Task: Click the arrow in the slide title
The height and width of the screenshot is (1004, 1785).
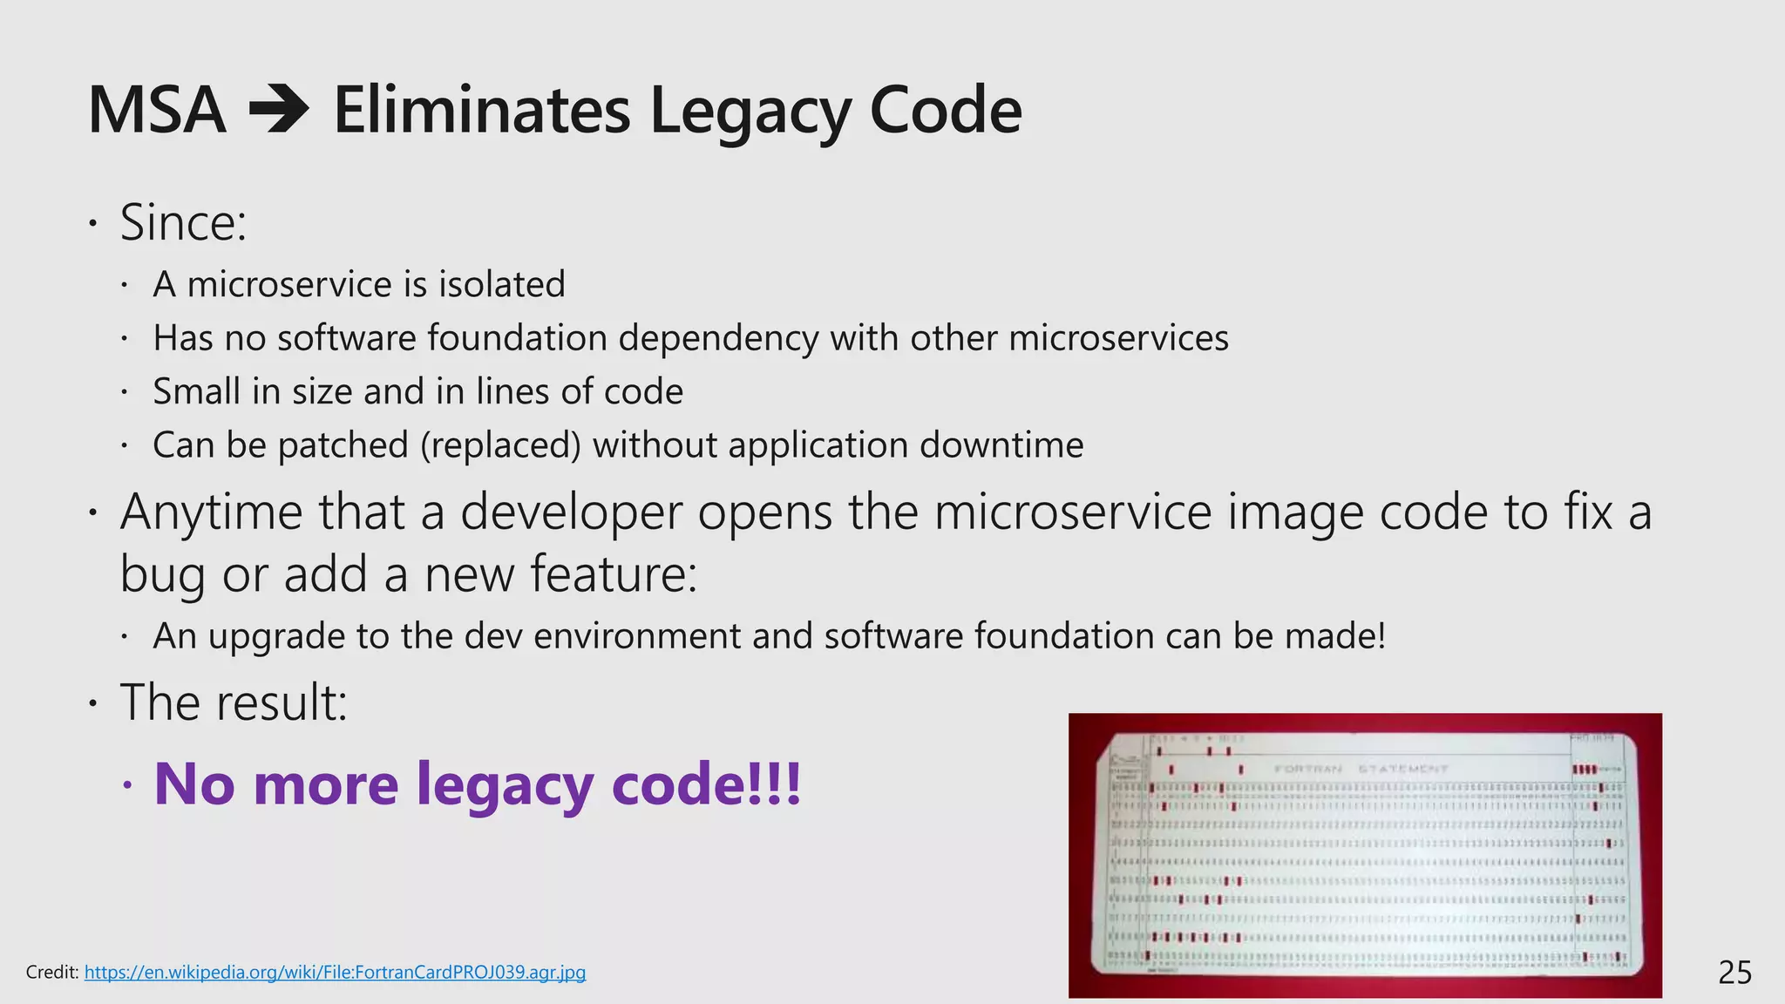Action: (279, 111)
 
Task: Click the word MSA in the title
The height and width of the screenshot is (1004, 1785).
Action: (157, 111)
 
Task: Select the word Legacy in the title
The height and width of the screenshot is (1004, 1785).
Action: (749, 111)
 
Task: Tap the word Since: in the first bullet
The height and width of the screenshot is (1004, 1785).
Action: (183, 223)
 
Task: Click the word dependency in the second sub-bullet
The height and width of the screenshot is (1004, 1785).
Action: (718, 338)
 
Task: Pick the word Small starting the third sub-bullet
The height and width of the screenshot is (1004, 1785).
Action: (196, 391)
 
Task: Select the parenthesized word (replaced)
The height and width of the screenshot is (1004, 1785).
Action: (500, 445)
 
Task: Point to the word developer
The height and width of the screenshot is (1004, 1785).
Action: (571, 512)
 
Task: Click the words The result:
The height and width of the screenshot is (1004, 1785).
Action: (234, 702)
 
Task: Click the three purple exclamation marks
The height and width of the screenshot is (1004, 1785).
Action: (775, 784)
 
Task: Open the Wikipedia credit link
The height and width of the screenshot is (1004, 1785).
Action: (335, 972)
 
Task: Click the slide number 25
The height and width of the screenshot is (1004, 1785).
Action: (1734, 973)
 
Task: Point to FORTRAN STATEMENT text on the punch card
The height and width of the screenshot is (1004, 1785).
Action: (1361, 770)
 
